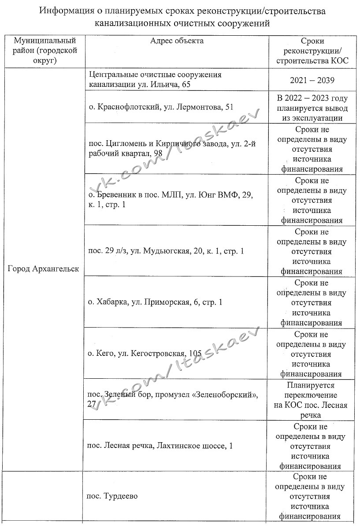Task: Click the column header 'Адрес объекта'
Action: click(x=177, y=41)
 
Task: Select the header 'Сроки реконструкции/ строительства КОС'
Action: click(x=312, y=51)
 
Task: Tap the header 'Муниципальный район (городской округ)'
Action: click(x=45, y=51)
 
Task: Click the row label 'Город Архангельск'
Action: click(x=44, y=269)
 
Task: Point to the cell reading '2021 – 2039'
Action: click(x=312, y=81)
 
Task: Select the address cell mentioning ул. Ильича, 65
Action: click(x=155, y=80)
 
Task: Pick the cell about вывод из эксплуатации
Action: click(x=312, y=108)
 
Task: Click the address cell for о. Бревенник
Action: click(x=170, y=200)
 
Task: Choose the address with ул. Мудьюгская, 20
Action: click(x=166, y=251)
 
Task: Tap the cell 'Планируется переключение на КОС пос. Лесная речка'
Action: click(x=312, y=400)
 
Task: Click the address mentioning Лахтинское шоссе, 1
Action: click(x=160, y=446)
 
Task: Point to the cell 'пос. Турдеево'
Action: click(x=112, y=496)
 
